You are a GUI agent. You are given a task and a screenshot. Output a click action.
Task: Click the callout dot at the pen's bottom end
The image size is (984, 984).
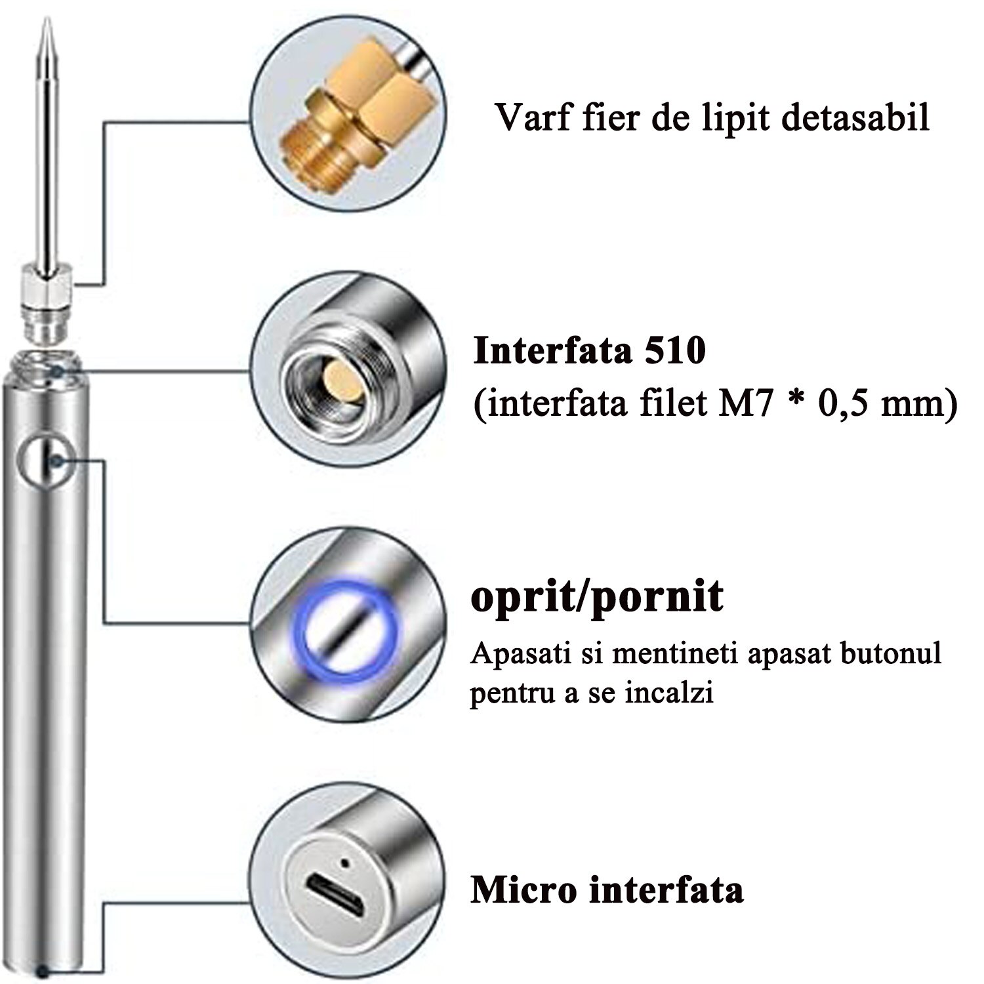click(x=43, y=972)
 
